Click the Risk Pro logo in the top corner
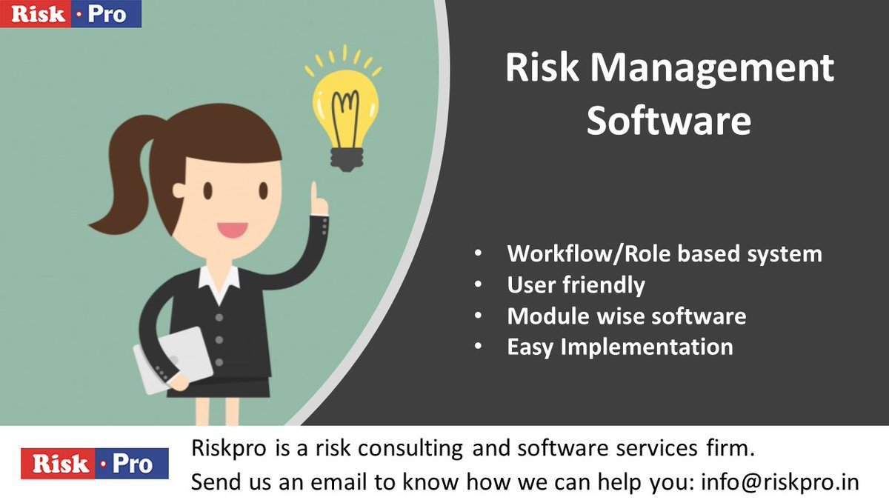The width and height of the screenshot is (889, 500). pyautogui.click(x=70, y=14)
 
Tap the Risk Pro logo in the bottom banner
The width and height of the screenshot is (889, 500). pyautogui.click(x=94, y=464)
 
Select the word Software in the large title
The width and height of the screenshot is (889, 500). pyautogui.click(x=668, y=121)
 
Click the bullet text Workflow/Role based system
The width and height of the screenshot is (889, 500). pyautogui.click(x=665, y=254)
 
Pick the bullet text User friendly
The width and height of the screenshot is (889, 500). pyautogui.click(x=576, y=285)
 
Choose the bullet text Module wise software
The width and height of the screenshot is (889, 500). pyautogui.click(x=626, y=316)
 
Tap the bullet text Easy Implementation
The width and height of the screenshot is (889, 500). pyautogui.click(x=620, y=347)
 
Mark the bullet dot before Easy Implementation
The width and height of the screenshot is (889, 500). pyautogui.click(x=479, y=347)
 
